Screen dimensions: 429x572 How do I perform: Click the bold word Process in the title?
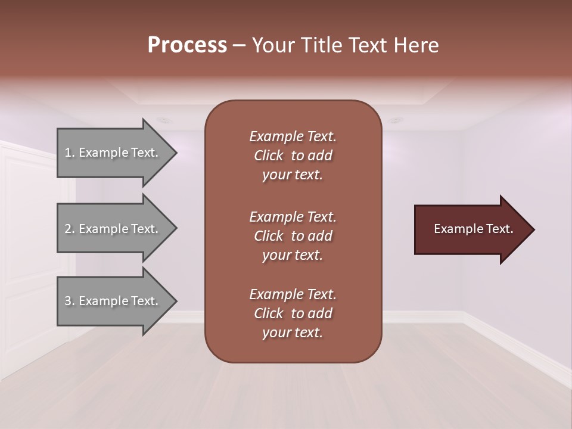point(187,45)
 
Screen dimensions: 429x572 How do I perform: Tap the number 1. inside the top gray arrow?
point(70,153)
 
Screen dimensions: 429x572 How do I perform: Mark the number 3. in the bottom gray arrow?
point(70,301)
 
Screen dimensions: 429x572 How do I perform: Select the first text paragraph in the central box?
point(293,156)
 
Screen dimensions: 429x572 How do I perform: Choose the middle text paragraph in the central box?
point(293,236)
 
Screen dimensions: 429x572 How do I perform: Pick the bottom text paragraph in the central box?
point(293,313)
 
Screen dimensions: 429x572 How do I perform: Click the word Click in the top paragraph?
point(268,156)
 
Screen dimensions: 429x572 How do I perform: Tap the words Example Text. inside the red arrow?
point(474,229)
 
